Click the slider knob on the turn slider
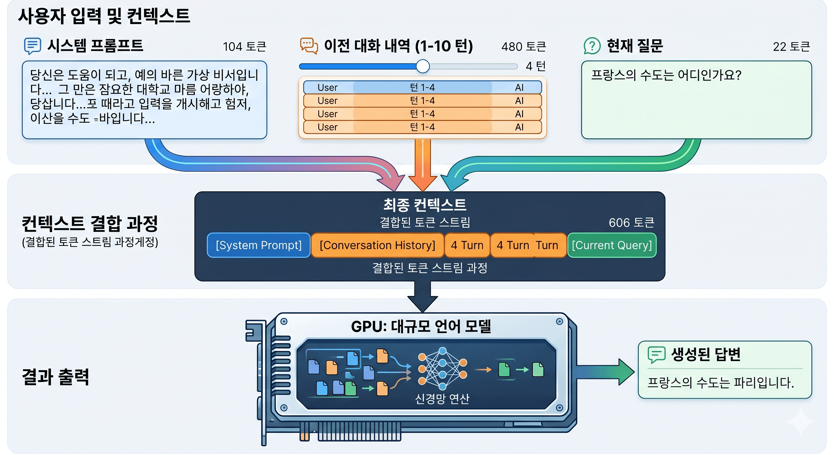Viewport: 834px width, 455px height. coord(423,66)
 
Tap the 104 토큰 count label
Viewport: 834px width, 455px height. coord(244,47)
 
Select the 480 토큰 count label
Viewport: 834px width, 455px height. coord(524,47)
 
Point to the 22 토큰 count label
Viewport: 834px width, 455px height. coord(791,47)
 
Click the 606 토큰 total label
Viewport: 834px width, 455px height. coord(631,222)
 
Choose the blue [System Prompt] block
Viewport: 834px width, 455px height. coord(258,245)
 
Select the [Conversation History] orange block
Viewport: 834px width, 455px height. coord(377,245)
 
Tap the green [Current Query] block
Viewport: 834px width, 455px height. coord(612,245)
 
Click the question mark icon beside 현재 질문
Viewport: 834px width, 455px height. coord(592,46)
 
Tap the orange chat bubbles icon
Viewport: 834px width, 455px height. coord(309,46)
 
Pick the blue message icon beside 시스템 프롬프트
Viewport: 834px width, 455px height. coord(32,46)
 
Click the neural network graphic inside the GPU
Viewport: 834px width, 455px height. coord(442,369)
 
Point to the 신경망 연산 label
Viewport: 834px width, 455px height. coord(442,399)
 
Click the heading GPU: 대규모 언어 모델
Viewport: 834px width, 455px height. coord(421,326)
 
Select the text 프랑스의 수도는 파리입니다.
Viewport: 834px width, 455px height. coord(720,383)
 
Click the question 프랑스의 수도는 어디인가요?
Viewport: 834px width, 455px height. coord(666,75)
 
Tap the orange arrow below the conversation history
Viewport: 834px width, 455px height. coord(423,165)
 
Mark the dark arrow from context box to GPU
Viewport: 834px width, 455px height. coord(423,296)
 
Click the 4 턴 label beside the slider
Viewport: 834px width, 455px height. coord(535,66)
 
